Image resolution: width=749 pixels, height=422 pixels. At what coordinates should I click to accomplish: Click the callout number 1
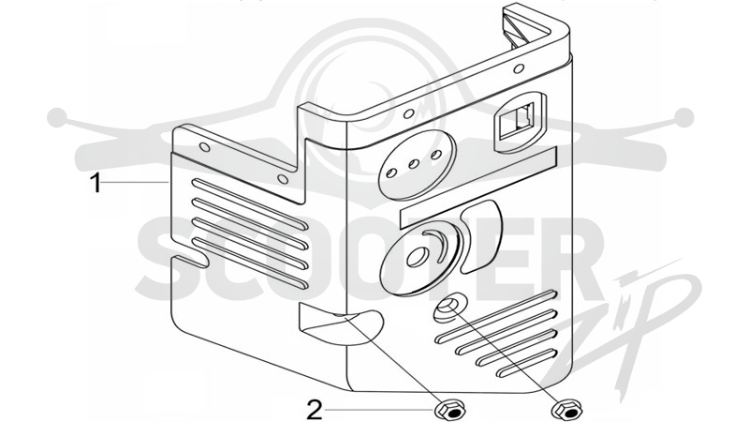[96, 183]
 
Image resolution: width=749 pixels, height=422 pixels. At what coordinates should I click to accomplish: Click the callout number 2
[315, 411]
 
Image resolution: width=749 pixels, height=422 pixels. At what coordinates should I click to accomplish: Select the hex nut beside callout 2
[450, 411]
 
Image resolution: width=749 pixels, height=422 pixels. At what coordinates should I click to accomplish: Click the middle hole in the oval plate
[414, 164]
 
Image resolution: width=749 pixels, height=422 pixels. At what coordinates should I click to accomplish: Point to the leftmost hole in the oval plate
[391, 173]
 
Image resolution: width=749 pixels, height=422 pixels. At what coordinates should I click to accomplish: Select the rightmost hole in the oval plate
[436, 155]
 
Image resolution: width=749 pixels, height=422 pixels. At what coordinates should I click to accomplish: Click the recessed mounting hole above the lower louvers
[448, 308]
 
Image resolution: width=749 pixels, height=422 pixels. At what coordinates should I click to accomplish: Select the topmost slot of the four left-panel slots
[250, 201]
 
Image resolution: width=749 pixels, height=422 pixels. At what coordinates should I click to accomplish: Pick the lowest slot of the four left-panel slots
[250, 263]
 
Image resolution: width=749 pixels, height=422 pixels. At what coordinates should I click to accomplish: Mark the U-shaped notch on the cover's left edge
[190, 261]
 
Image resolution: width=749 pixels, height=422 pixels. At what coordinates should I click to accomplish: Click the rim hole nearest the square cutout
[519, 69]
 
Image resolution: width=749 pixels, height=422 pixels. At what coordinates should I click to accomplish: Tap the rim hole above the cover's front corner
[408, 113]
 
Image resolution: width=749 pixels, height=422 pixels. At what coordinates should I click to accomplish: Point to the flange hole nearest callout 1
[204, 147]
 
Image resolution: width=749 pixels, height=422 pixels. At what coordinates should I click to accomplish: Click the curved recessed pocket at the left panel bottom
[340, 324]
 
